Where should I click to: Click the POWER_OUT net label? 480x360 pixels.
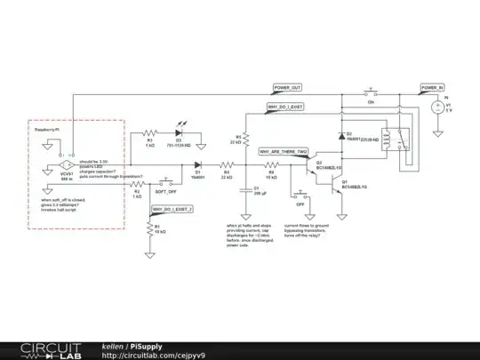[288, 88]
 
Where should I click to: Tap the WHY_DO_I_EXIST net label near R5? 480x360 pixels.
[285, 107]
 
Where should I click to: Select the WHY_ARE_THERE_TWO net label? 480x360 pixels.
[284, 152]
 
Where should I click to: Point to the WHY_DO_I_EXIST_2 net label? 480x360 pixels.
[173, 209]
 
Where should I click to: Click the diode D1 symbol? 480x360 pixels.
[199, 165]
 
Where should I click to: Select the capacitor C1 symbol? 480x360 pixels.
[244, 188]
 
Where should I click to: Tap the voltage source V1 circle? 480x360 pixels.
[436, 108]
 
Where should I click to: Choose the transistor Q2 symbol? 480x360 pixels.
[307, 166]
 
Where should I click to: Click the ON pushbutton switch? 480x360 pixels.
[371, 92]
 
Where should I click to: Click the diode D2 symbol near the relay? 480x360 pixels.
[343, 136]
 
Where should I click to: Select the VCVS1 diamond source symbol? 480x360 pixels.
[66, 166]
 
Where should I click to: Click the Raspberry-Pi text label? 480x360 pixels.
[48, 130]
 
